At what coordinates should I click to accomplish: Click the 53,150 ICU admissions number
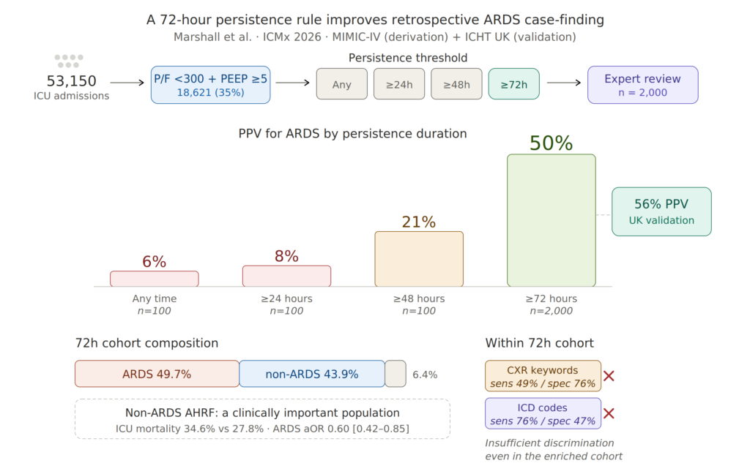(71, 80)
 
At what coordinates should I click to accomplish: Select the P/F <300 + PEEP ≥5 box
(210, 85)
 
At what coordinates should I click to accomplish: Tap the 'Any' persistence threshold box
(341, 84)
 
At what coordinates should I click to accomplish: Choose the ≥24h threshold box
(399, 84)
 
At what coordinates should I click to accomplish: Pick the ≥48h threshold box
(456, 84)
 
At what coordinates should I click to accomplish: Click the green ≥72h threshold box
(513, 84)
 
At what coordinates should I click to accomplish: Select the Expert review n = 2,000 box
(642, 85)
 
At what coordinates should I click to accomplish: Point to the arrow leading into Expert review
(563, 83)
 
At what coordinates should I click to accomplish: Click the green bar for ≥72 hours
(551, 220)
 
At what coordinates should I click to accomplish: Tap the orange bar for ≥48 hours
(419, 259)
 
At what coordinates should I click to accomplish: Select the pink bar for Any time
(154, 279)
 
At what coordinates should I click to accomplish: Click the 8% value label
(286, 256)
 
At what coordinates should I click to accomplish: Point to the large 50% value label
(551, 143)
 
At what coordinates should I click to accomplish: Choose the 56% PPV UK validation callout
(661, 211)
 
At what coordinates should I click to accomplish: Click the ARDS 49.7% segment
(157, 374)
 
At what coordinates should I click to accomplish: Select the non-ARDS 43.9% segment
(312, 374)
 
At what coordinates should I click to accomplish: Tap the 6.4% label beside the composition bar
(425, 375)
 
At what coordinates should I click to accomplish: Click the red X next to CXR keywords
(609, 376)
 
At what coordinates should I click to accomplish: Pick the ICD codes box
(543, 413)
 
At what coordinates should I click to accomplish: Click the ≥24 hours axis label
(286, 298)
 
